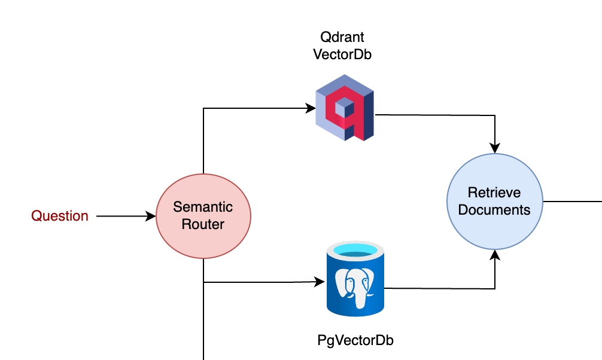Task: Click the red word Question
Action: click(x=59, y=216)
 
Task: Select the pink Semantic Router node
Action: click(x=203, y=216)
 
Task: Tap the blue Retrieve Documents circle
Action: click(x=495, y=202)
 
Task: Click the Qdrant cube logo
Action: click(x=344, y=108)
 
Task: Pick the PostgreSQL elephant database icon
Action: click(x=355, y=279)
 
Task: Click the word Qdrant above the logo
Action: click(x=342, y=37)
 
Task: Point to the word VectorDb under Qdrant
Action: click(x=342, y=54)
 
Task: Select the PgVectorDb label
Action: click(x=355, y=340)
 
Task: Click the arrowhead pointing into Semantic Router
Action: click(x=151, y=216)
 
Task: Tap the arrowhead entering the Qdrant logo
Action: click(x=310, y=108)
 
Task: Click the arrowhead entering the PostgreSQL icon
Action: click(x=320, y=282)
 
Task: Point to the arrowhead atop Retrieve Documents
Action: click(x=495, y=148)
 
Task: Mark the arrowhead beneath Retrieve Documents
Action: click(x=495, y=255)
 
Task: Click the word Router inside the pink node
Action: click(x=203, y=224)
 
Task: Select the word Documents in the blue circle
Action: click(x=494, y=210)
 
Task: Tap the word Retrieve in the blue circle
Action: click(x=494, y=193)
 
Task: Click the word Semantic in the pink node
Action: click(x=203, y=207)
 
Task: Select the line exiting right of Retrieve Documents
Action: click(x=573, y=201)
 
